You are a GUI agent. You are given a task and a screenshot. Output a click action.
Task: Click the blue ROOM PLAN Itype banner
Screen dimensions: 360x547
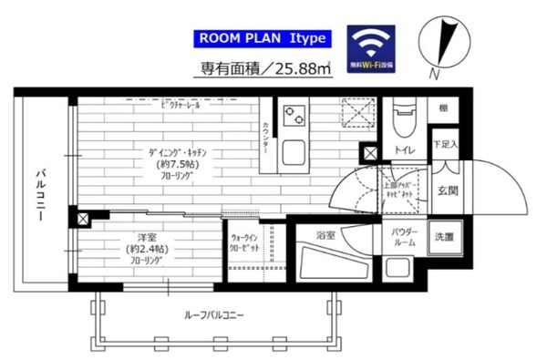(x=262, y=40)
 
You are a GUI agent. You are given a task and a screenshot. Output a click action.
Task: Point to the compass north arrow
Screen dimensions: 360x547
(x=444, y=41)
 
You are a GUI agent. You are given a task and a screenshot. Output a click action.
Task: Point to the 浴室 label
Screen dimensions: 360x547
(x=325, y=235)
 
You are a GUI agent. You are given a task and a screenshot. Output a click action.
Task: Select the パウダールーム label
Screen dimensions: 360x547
(x=404, y=238)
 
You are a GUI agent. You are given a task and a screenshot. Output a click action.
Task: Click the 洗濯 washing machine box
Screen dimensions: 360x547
(x=442, y=237)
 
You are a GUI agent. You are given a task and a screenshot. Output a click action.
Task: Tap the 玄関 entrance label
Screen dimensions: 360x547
(x=447, y=190)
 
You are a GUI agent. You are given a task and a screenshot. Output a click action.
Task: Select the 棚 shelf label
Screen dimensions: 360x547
(x=442, y=107)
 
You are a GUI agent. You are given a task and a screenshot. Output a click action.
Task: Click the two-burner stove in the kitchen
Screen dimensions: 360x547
(x=295, y=116)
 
